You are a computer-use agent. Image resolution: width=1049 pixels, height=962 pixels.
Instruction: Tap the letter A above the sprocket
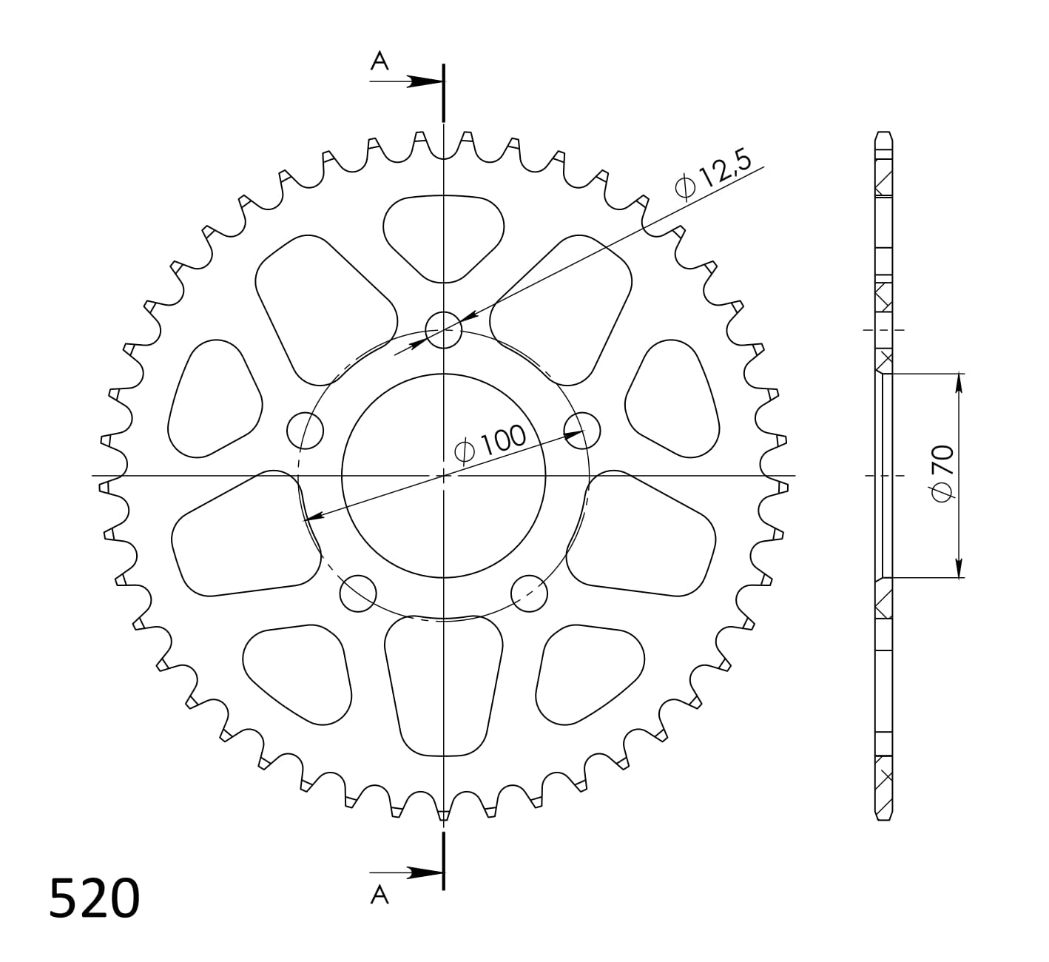coord(380,61)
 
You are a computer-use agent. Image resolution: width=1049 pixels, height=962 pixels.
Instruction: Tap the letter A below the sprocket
coord(379,896)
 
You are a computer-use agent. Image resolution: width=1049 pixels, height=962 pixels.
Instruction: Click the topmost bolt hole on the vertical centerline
coord(443,329)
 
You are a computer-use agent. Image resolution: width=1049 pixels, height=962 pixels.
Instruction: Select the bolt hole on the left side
coord(305,430)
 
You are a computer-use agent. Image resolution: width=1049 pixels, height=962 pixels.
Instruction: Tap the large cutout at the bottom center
coord(443,684)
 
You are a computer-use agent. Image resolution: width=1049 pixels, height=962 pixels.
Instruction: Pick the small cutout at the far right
coord(673,400)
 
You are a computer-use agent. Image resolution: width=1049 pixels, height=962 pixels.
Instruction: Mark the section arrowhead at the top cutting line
coord(425,81)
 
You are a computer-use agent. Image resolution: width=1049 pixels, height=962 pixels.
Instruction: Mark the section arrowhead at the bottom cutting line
coord(425,872)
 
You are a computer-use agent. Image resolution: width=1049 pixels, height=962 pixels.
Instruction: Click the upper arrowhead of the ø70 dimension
coord(959,382)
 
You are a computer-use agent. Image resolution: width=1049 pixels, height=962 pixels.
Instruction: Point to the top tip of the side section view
coord(883,133)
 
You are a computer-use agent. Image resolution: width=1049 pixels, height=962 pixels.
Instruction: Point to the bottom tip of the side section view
coord(883,819)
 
